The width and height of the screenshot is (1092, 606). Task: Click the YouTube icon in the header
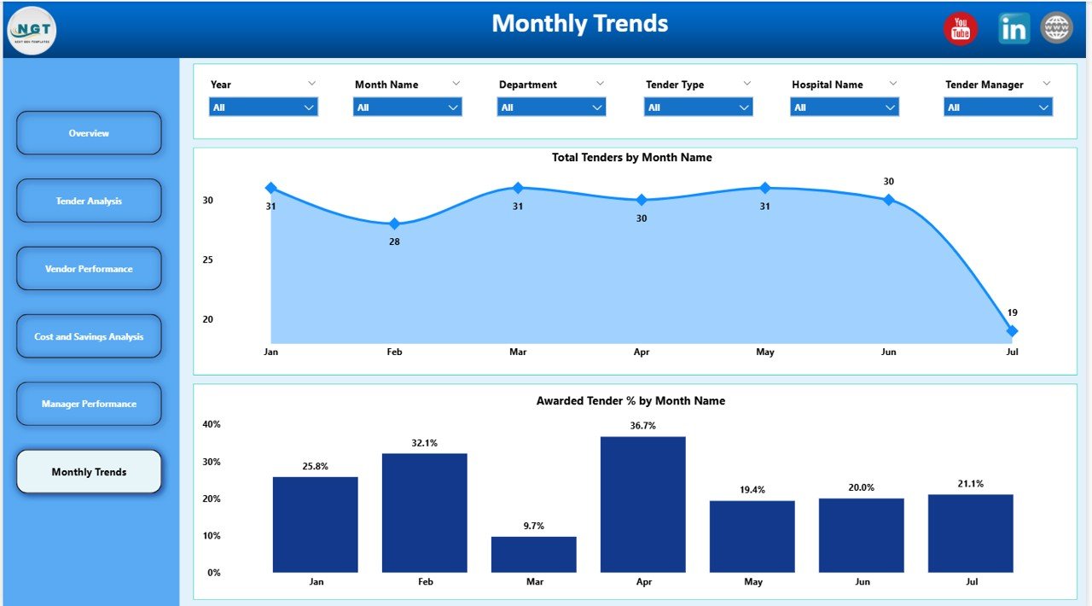tap(961, 29)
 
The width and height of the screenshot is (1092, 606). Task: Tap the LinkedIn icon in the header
tap(1014, 29)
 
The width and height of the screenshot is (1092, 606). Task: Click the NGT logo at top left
tap(32, 31)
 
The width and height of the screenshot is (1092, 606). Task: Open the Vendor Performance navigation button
tap(89, 269)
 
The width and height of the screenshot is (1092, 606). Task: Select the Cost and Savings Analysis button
tap(89, 336)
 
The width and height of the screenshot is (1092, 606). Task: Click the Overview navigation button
tap(89, 133)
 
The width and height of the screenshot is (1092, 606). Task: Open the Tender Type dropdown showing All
tap(698, 108)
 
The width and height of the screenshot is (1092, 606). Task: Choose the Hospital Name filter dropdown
tap(844, 108)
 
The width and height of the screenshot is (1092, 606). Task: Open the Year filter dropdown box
tap(263, 108)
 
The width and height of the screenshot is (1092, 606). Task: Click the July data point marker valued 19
tap(1012, 331)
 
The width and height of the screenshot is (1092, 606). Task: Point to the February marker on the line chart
tap(394, 224)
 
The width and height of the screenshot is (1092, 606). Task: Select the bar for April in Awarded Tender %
tap(642, 504)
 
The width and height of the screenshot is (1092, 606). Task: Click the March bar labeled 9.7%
tap(533, 554)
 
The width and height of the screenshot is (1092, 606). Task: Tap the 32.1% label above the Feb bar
tap(425, 443)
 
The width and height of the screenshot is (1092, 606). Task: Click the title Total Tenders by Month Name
tap(631, 157)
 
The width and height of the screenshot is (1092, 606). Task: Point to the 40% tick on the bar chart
tap(212, 424)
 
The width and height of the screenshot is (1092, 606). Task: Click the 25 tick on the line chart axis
tap(207, 259)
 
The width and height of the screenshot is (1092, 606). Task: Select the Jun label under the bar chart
tap(862, 582)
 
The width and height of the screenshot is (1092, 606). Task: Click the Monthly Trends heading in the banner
tap(580, 24)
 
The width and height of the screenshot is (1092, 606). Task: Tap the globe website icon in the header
tap(1056, 28)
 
